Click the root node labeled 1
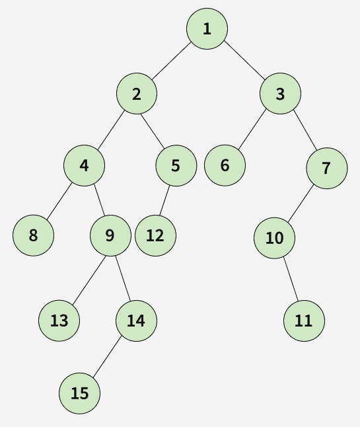207,28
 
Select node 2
137,93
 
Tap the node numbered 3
280,93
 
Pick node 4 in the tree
84,165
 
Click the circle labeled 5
176,165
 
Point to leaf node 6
225,165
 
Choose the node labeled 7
327,169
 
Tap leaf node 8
33,235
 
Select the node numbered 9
110,235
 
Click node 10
274,238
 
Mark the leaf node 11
304,321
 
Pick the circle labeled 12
155,235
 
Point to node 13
59,321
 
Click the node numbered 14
136,321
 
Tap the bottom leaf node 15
79,393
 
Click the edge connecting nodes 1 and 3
244,61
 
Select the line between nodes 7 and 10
301,203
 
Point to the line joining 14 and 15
106,357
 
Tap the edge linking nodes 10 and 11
291,279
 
